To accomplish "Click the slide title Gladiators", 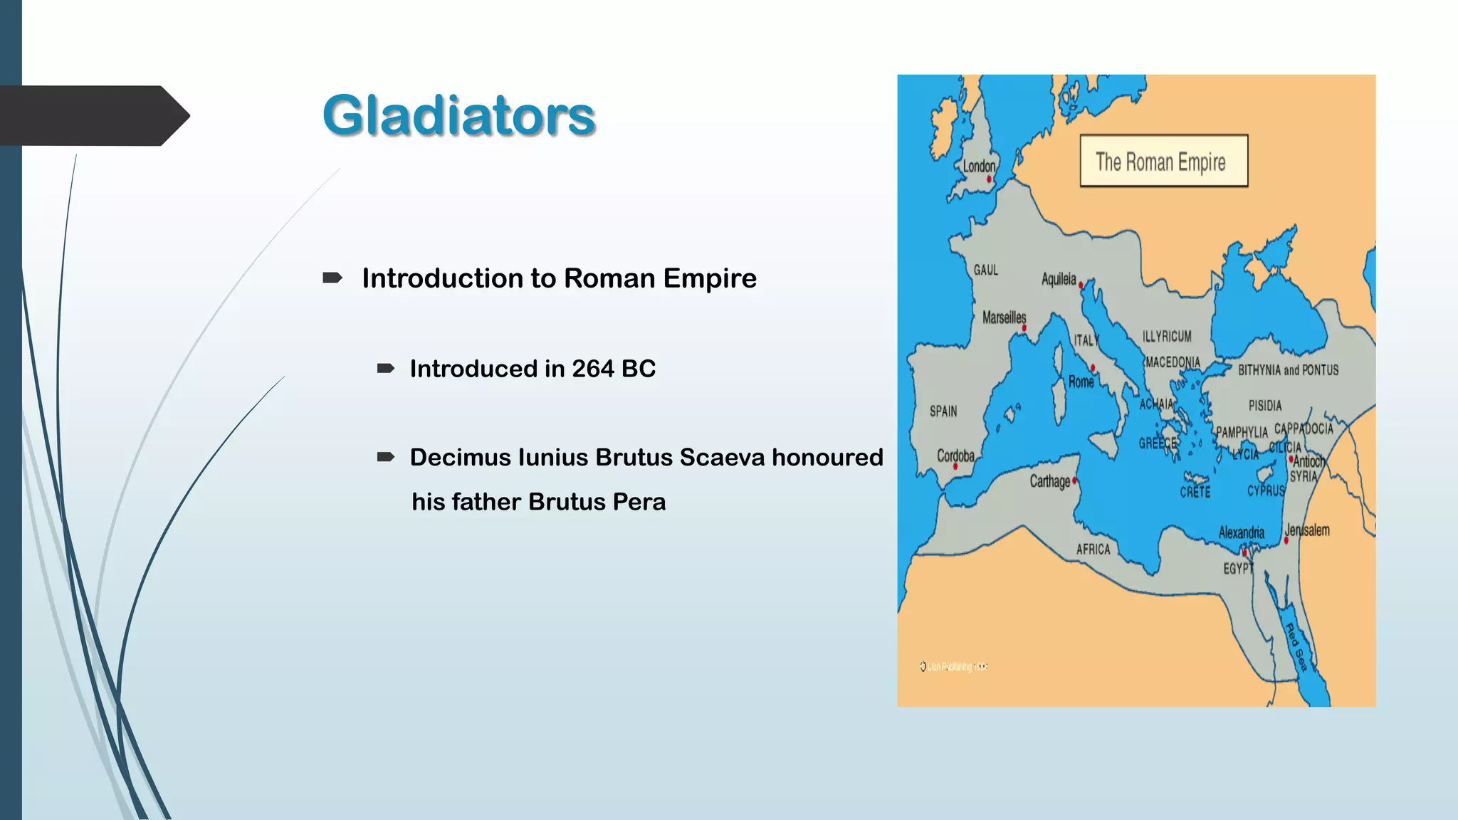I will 459,115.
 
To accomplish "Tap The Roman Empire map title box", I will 1163,162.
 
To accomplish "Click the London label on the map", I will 979,167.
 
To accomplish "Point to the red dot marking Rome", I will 1093,368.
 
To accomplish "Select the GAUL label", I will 986,270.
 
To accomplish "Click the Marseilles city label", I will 1004,317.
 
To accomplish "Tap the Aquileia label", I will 1059,279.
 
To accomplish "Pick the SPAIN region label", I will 943,411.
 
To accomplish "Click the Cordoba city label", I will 955,456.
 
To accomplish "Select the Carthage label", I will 1049,481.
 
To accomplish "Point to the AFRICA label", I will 1093,550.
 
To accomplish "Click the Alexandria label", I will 1241,532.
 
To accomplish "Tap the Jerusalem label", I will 1307,530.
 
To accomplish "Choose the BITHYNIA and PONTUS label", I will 1288,370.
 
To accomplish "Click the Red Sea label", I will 1296,647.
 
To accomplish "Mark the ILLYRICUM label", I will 1167,336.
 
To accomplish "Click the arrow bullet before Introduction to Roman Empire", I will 332,278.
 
